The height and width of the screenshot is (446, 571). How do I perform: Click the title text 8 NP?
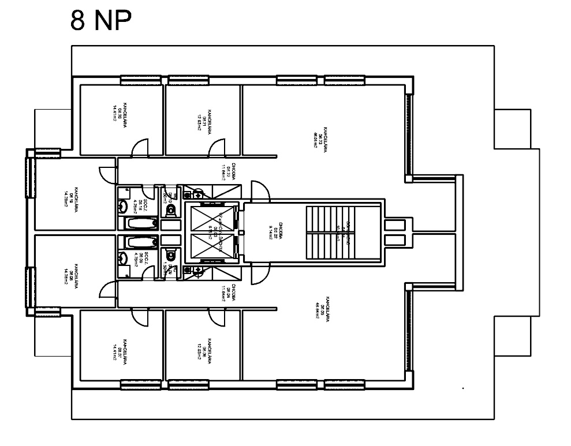[x=101, y=21]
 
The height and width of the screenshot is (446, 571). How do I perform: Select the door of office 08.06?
[x=218, y=316]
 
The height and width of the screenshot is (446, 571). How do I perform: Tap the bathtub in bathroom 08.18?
[x=139, y=223]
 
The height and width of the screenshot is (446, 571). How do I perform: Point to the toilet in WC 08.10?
[x=169, y=211]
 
